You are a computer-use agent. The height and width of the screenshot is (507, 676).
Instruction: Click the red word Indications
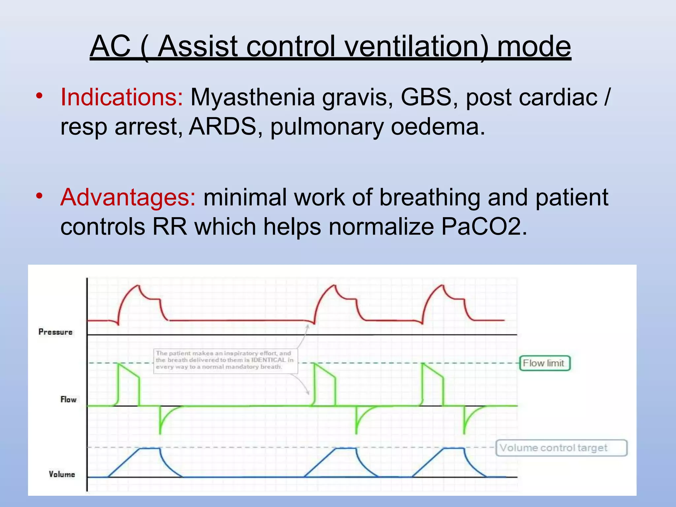point(121,98)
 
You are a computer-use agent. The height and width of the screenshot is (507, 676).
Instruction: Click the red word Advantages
point(128,197)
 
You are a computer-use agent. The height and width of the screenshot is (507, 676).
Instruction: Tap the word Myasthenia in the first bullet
point(253,98)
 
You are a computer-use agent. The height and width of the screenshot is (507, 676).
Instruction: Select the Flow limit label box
point(544,363)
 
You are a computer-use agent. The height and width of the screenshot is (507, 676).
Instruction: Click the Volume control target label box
point(561,448)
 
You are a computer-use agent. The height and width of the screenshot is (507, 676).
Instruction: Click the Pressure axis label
point(55,332)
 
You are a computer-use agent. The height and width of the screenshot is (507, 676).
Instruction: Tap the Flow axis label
point(68,400)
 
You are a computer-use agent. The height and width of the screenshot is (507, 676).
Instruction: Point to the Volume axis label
point(62,474)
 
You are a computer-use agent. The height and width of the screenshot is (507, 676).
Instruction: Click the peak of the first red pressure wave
point(138,286)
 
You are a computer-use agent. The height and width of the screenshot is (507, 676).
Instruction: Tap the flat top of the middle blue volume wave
point(346,448)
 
